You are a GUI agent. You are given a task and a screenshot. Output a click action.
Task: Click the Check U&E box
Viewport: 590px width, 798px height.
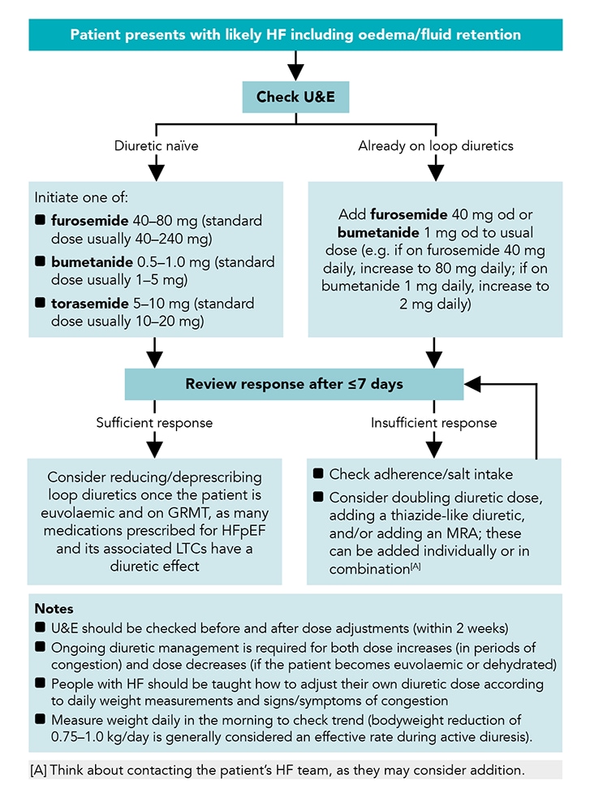click(295, 97)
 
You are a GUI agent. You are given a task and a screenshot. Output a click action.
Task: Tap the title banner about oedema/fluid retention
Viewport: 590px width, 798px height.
click(295, 35)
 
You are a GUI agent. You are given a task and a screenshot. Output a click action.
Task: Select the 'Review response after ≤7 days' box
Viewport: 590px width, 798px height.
click(294, 384)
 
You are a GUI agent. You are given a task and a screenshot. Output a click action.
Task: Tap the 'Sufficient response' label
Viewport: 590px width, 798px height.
click(154, 423)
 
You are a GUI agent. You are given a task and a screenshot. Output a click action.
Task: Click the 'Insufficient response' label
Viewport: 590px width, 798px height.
click(434, 423)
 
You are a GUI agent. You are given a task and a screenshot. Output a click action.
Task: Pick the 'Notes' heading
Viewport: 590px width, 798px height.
click(54, 608)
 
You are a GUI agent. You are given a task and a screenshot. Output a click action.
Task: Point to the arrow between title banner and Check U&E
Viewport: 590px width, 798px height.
click(295, 63)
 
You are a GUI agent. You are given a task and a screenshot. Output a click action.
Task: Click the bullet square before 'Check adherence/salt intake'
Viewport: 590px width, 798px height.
click(317, 474)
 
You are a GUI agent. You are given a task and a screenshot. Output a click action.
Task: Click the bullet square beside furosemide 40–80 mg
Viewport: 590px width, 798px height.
click(40, 221)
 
